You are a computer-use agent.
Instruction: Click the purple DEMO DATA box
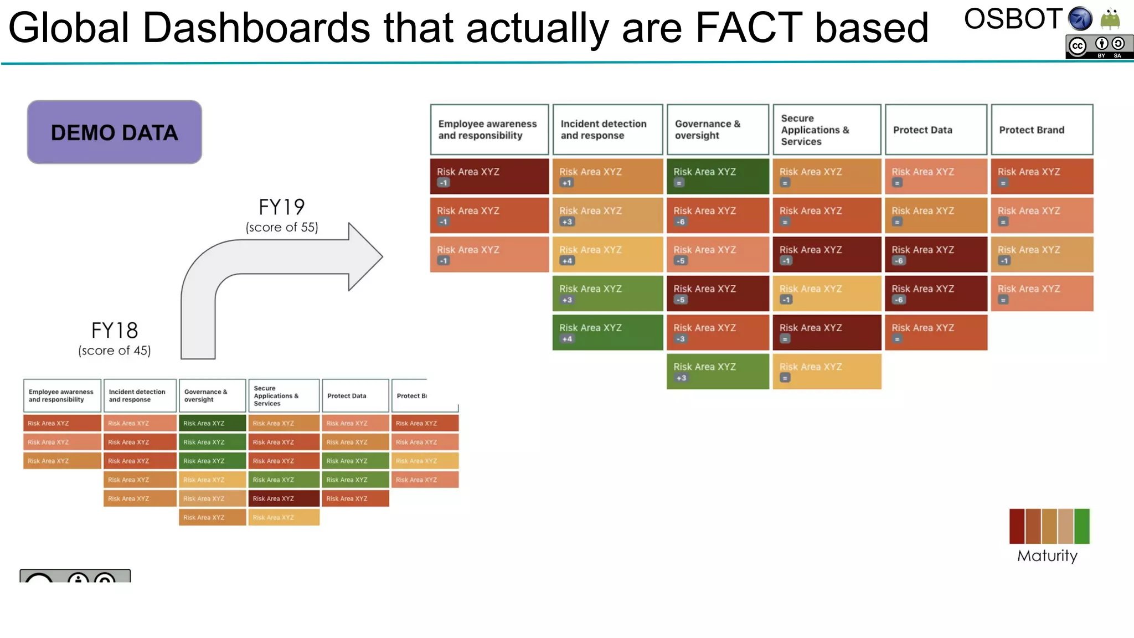click(115, 132)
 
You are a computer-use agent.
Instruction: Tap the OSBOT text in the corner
click(1013, 19)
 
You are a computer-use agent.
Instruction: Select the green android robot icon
click(1110, 19)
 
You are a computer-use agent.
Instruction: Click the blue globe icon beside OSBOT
click(1080, 19)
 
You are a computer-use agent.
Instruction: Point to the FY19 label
click(282, 207)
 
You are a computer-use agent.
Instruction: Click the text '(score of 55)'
click(282, 228)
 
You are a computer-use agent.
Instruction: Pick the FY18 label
click(115, 331)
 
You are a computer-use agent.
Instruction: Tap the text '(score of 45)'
click(115, 351)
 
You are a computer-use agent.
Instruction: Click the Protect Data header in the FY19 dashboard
click(936, 130)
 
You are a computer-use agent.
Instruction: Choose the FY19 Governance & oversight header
click(718, 130)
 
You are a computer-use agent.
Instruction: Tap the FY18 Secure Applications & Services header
click(283, 396)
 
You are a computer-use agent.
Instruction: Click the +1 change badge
click(566, 183)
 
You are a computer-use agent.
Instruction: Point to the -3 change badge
click(681, 339)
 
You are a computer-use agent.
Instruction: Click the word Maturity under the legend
click(1047, 555)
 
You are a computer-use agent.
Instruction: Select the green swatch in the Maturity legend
click(1081, 526)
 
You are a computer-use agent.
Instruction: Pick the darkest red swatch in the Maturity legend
click(1017, 526)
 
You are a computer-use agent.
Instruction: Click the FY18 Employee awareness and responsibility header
click(62, 396)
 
